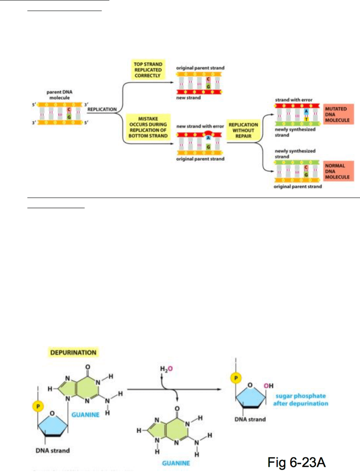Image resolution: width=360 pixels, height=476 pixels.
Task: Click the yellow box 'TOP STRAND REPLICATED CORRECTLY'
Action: click(x=148, y=69)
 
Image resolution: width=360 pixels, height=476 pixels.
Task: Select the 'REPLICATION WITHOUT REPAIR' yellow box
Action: click(x=243, y=130)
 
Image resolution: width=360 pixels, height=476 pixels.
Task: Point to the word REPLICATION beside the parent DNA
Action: click(x=101, y=109)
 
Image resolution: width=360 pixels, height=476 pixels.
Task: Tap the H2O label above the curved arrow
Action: click(x=165, y=369)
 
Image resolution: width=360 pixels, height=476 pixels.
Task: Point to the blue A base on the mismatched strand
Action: click(x=208, y=137)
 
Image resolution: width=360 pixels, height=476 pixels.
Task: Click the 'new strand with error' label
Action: click(x=200, y=126)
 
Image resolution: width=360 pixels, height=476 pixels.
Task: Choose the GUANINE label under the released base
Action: click(x=175, y=463)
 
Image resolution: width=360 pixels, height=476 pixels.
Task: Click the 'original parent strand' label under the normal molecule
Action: click(x=298, y=187)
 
